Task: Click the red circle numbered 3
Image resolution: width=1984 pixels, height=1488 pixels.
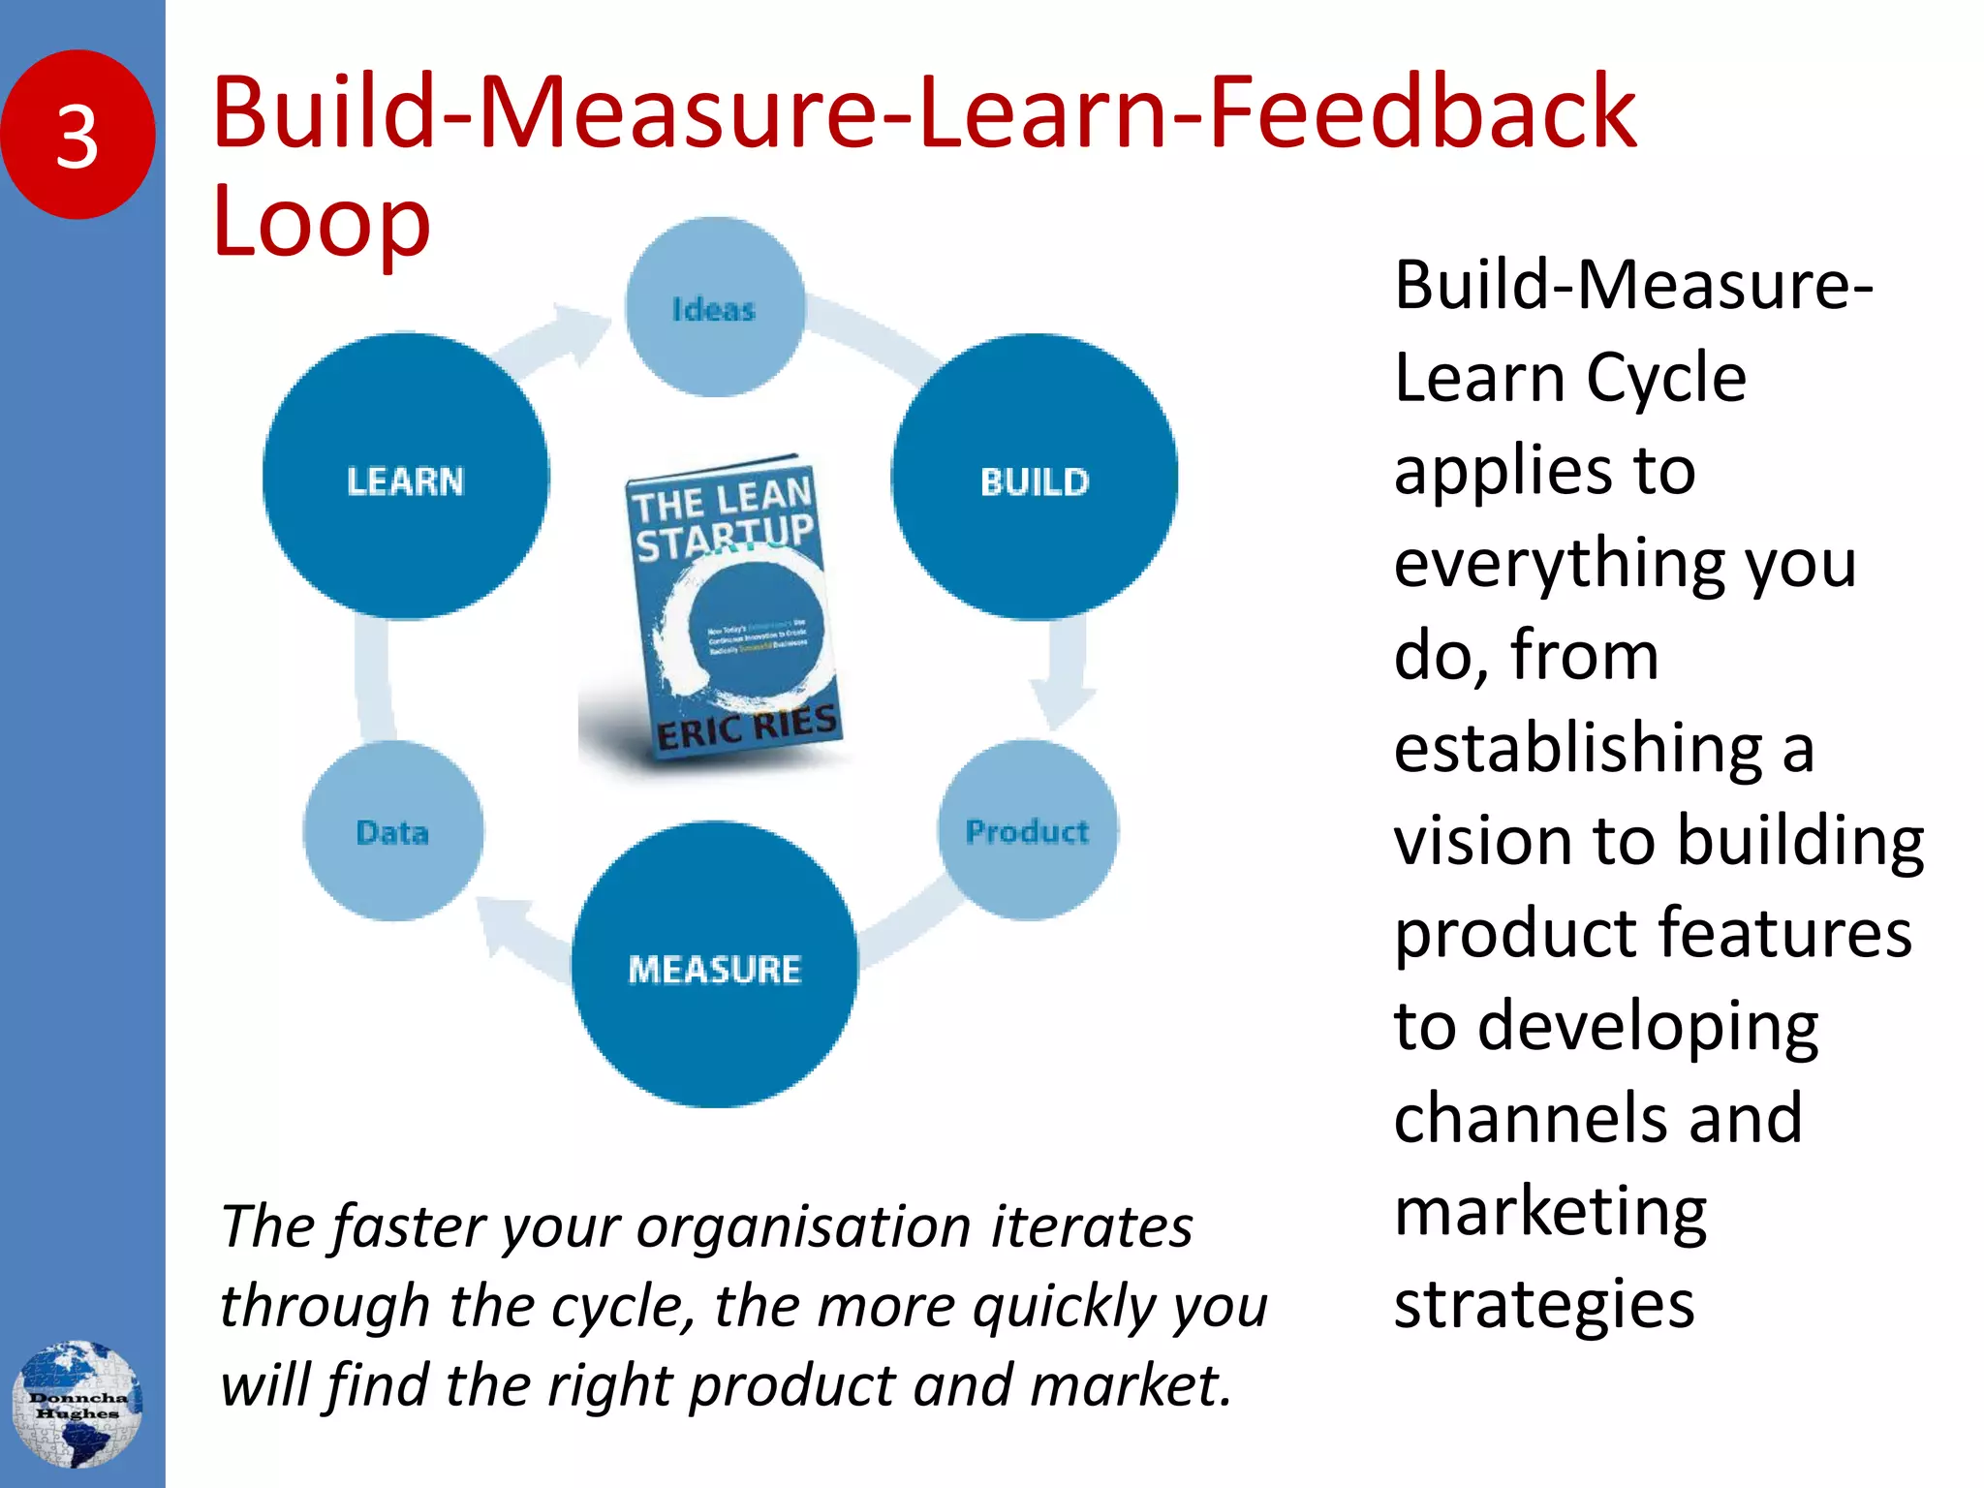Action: (77, 135)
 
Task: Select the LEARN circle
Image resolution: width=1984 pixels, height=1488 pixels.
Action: (405, 478)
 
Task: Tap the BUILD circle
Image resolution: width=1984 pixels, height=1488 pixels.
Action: (1034, 478)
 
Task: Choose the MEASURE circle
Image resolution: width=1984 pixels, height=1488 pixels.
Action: (714, 966)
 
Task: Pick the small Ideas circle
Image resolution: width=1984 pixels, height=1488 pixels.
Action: (714, 308)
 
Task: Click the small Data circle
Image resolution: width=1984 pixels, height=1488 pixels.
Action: (392, 831)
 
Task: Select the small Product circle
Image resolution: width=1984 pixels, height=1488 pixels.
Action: (1027, 830)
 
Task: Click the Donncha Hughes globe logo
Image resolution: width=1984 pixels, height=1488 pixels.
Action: (77, 1403)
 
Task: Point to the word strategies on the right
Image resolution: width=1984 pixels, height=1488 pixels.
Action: (1543, 1304)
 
